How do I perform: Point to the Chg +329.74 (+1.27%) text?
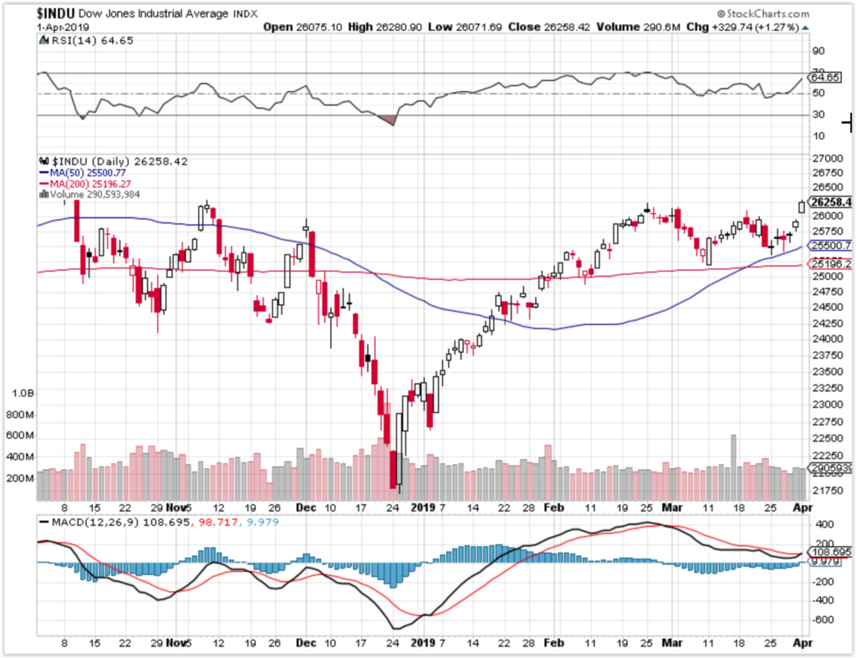coord(749,27)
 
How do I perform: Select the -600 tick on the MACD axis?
coord(823,620)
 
